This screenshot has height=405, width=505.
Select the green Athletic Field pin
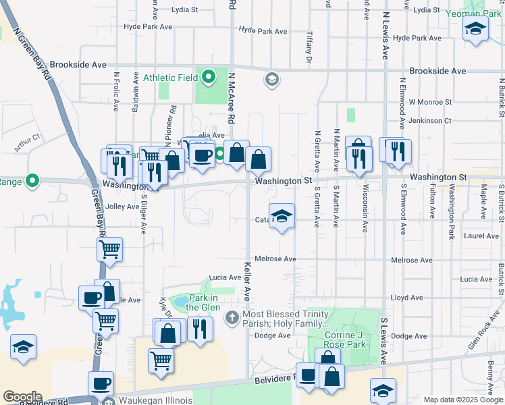click(x=209, y=77)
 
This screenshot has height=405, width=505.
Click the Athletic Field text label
click(x=168, y=77)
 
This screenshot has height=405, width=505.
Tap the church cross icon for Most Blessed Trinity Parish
click(x=232, y=317)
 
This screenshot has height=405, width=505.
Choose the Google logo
click(x=22, y=396)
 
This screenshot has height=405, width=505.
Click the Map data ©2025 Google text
click(x=463, y=400)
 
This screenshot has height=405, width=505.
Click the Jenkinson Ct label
click(x=425, y=121)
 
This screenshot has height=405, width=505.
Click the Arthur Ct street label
click(x=28, y=140)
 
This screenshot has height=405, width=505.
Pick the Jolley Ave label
click(x=122, y=207)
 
